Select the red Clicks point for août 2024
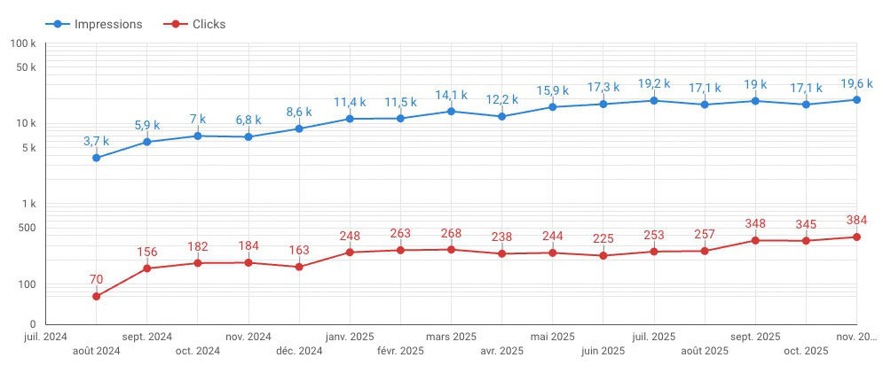point(96,296)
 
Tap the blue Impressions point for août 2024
point(96,158)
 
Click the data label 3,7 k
point(96,141)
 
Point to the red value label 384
point(856,220)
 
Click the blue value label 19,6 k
point(856,83)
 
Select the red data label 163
point(299,250)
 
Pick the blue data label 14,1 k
point(451,95)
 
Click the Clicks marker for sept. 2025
point(755,240)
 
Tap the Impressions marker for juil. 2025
point(654,100)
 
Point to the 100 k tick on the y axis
point(22,43)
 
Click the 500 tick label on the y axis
point(26,228)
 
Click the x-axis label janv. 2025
point(350,337)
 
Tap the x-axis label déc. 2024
point(299,351)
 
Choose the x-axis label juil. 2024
point(44,337)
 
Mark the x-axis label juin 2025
point(603,351)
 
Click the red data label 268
point(451,233)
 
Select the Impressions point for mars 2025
point(451,111)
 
